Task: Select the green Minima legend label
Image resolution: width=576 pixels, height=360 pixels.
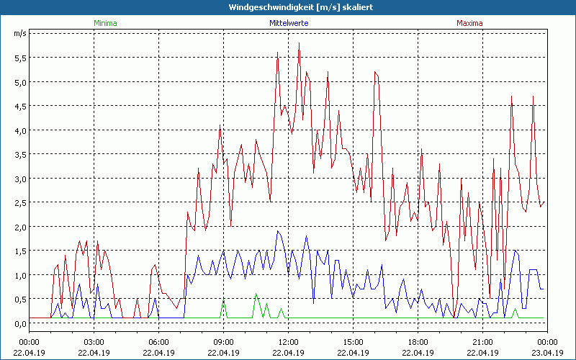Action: tap(105, 23)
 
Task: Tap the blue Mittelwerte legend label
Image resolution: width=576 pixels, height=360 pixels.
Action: tap(288, 23)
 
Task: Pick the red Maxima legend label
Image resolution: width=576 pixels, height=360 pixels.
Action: tap(469, 23)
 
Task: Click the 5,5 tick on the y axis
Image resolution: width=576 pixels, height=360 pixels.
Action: tap(20, 58)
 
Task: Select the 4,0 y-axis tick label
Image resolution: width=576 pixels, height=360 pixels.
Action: tap(20, 130)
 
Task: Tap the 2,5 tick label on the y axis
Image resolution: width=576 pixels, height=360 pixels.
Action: tap(20, 202)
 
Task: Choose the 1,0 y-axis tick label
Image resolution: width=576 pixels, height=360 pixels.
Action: tap(20, 275)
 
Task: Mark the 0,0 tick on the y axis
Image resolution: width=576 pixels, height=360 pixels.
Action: tap(20, 323)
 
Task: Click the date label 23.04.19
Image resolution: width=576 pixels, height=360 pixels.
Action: tap(547, 352)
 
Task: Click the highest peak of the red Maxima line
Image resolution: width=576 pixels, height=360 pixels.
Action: tap(299, 43)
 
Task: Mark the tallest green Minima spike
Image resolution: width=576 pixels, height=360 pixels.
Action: tap(256, 294)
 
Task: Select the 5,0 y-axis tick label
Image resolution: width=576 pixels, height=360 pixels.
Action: tap(20, 82)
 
